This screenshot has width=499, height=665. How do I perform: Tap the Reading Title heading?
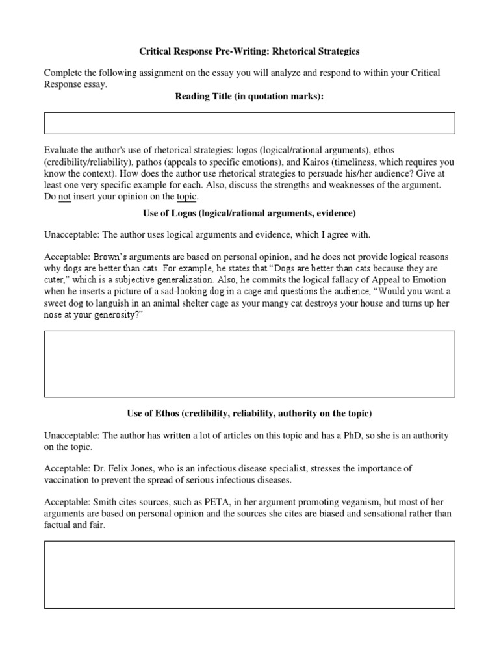tap(249, 97)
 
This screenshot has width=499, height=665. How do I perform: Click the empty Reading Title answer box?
tap(249, 123)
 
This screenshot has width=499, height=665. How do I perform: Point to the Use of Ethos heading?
tap(249, 413)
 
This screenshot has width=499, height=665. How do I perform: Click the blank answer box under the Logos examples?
tap(249, 364)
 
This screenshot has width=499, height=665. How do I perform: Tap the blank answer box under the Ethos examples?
tap(249, 575)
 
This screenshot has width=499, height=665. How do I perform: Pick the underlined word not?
tap(64, 197)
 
